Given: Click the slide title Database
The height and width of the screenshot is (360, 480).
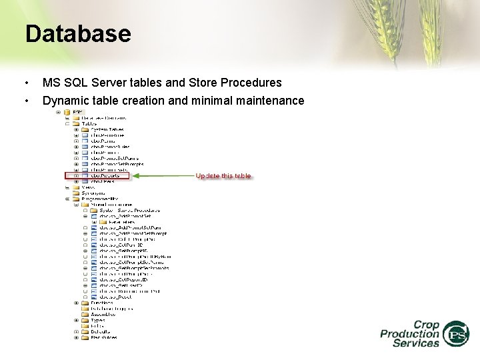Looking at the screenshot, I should [x=78, y=33].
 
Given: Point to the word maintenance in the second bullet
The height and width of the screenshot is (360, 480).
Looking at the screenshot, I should [x=267, y=101].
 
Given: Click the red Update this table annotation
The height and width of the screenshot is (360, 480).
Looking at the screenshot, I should [x=223, y=176].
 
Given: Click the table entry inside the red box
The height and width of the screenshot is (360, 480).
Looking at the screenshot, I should [x=105, y=175].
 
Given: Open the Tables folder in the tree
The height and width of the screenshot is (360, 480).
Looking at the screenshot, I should [x=88, y=123].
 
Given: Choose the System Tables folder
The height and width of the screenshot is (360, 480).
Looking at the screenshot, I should [x=107, y=129].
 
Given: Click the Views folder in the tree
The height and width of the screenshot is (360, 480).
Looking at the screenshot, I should [x=88, y=187].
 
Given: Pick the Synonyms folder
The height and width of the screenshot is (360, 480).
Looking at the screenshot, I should [x=93, y=193].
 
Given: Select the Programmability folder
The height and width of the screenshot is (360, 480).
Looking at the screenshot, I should [x=99, y=199].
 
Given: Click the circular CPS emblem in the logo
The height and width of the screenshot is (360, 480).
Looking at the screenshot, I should [x=457, y=333].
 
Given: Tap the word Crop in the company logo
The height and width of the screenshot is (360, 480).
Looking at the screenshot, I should [x=426, y=325].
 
